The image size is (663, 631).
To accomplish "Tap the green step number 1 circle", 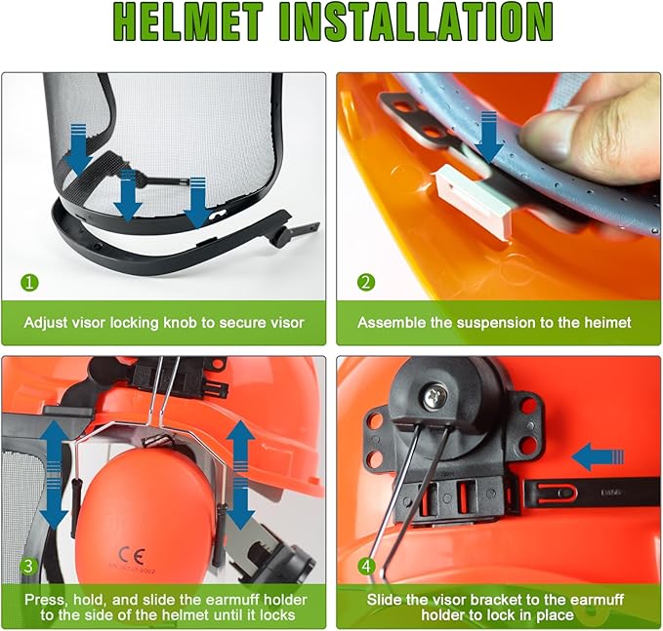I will click(30, 283).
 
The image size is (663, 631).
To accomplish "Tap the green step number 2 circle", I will click(365, 283).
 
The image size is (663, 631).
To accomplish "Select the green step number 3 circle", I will click(29, 567).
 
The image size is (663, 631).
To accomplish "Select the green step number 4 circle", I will click(365, 567).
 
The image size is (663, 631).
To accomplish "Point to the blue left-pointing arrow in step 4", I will click(598, 454).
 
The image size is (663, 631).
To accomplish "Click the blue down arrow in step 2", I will click(491, 137).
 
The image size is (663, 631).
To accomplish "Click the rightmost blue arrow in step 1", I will click(196, 199).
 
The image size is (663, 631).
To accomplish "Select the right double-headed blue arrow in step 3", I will click(238, 472).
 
